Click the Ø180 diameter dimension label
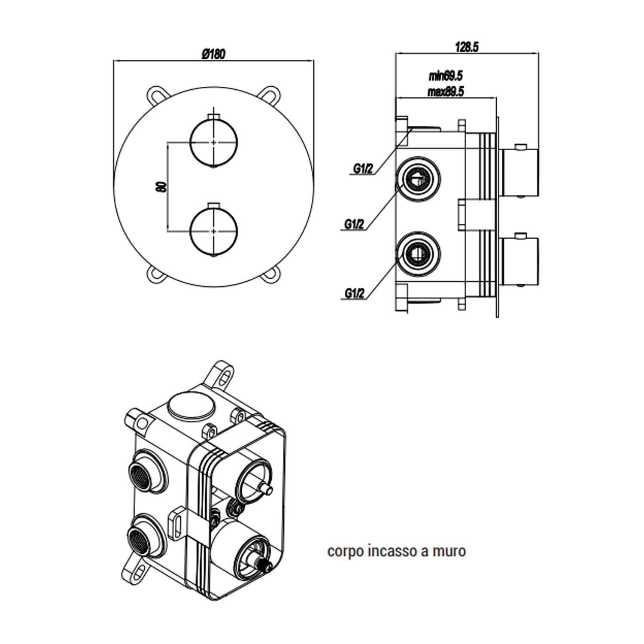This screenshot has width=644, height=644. coord(213,55)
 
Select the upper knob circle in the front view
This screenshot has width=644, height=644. coord(213,142)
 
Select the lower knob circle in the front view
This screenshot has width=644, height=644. coord(213,231)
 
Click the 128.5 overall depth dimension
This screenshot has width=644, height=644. coord(467,47)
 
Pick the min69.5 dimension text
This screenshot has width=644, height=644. coord(446,76)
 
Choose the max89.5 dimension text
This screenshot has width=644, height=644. coord(446,91)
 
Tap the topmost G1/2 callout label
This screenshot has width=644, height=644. coord(363,169)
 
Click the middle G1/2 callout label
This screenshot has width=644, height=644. coord(354,224)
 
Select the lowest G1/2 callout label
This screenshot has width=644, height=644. coord(354,293)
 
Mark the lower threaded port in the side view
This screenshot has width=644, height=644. coord(418,254)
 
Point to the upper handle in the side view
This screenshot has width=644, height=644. coord(520,172)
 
